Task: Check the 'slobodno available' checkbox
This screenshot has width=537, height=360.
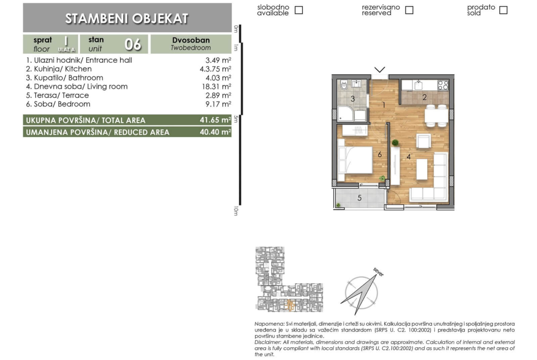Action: [299, 10]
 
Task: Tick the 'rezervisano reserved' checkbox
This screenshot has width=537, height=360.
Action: [409, 10]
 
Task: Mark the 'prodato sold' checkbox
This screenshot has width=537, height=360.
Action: [503, 10]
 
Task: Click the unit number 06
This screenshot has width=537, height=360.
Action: [133, 44]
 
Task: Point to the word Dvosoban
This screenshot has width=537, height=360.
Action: [191, 40]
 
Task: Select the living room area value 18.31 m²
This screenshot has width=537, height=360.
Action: [217, 87]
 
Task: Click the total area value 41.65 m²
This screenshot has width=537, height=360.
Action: [215, 120]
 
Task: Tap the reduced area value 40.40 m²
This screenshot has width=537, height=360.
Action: [215, 132]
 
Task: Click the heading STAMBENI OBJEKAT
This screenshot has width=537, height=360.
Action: [127, 18]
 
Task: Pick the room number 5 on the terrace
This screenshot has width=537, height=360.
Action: [359, 198]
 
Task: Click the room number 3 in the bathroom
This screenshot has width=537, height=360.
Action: [352, 99]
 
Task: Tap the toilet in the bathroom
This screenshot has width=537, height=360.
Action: [344, 86]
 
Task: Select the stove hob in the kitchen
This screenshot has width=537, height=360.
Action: [443, 85]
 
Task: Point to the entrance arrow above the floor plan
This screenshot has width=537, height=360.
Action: [380, 70]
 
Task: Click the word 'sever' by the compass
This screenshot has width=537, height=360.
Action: [379, 272]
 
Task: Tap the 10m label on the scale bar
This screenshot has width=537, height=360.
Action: [235, 211]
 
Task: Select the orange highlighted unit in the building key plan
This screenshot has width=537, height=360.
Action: [291, 305]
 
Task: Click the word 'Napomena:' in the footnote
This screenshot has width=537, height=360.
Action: [269, 324]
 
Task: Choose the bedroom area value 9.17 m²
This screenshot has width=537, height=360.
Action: [218, 104]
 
